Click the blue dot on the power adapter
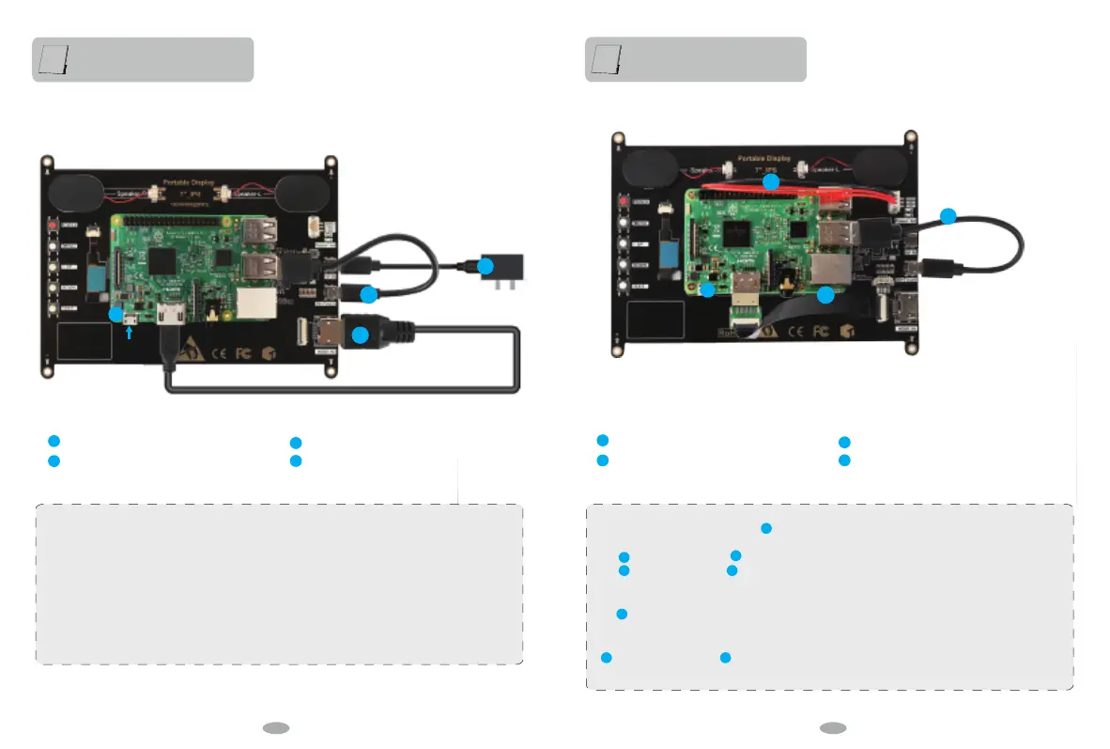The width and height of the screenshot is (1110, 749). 486,266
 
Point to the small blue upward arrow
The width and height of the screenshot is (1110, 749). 128,331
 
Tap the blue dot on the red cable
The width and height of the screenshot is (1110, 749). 770,181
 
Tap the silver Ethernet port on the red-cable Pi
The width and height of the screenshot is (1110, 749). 831,269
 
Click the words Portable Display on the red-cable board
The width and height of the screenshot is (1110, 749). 763,159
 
